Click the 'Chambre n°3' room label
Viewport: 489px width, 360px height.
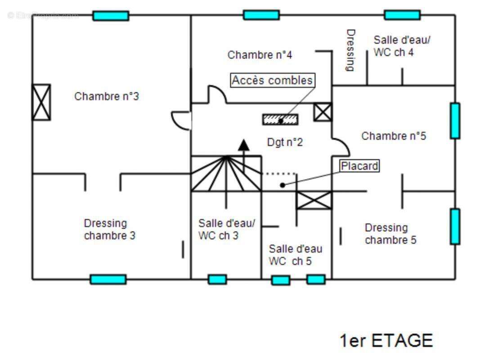pos(107,96)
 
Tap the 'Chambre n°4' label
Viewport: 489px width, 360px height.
pos(260,55)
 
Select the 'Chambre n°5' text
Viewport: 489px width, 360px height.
pos(394,136)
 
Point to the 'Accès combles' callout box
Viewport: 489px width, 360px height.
pos(273,81)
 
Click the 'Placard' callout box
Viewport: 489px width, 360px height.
pos(359,166)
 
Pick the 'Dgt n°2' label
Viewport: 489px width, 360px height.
pos(285,143)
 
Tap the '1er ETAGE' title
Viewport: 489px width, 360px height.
pos(386,341)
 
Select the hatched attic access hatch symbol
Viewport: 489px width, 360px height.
pos(280,119)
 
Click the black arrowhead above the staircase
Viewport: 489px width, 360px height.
pos(244,145)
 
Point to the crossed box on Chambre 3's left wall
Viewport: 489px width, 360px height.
pos(41,102)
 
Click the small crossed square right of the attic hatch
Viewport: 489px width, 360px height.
pos(323,112)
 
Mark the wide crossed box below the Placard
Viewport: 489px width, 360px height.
pos(314,200)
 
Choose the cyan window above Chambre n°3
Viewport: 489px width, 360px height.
pos(111,16)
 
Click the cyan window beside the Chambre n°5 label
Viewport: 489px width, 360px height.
pos(455,121)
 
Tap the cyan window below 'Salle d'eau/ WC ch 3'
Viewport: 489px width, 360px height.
pos(217,279)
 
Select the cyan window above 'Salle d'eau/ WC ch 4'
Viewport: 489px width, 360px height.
pos(402,15)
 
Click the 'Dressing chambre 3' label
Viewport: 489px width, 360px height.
pos(109,229)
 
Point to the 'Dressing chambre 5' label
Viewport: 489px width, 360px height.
pos(390,234)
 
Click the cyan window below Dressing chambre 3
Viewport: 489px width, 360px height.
pos(108,279)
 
